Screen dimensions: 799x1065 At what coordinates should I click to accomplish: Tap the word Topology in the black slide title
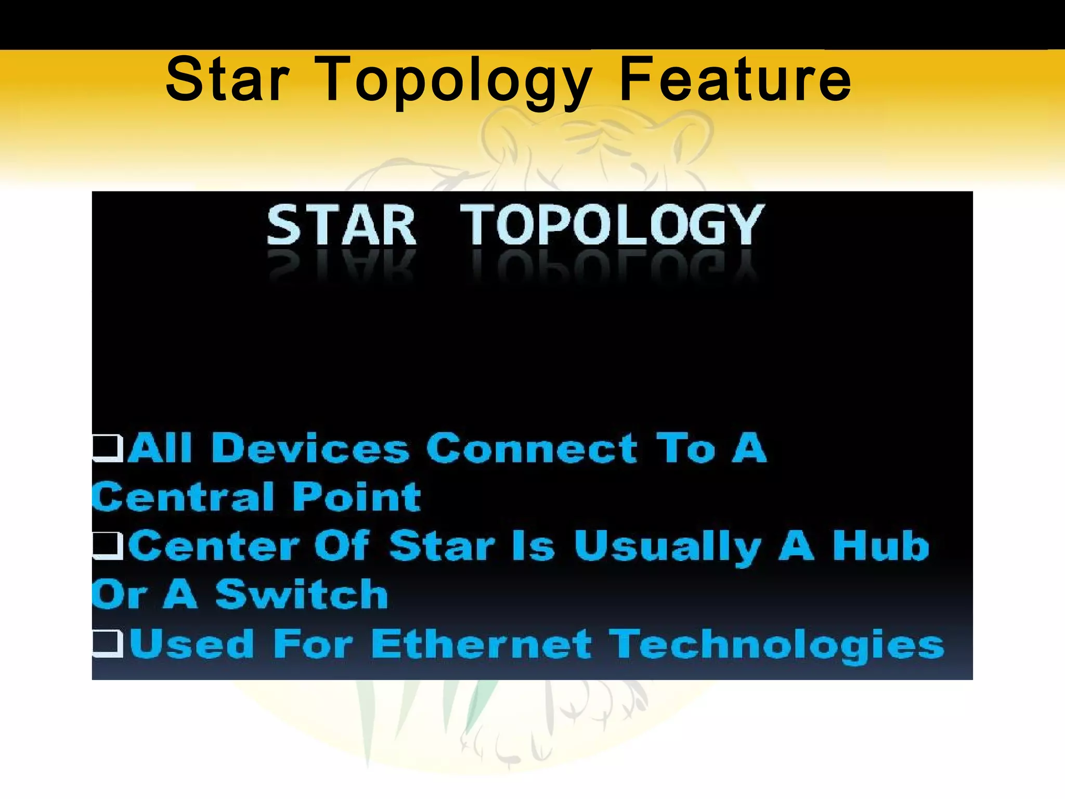(x=458, y=82)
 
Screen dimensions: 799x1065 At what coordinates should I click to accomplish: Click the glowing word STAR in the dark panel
(x=341, y=225)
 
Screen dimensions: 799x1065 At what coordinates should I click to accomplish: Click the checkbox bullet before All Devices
(x=108, y=448)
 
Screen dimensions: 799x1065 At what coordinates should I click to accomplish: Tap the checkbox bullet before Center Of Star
(x=108, y=546)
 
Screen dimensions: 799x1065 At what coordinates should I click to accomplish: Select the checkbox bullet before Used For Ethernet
(x=108, y=643)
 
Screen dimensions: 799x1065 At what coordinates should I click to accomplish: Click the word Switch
(x=302, y=594)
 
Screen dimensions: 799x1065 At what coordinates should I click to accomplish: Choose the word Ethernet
(x=482, y=644)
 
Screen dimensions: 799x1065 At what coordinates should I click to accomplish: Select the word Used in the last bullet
(x=192, y=643)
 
